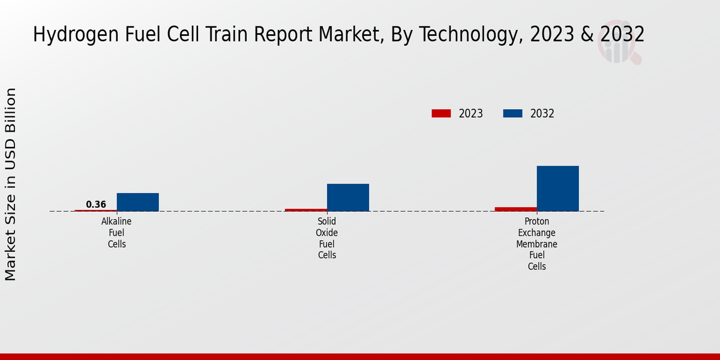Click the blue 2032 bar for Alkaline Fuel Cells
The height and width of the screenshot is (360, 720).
tap(137, 202)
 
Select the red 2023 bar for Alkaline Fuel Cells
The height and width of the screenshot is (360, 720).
tap(96, 211)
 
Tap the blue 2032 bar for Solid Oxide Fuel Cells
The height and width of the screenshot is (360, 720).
tap(347, 197)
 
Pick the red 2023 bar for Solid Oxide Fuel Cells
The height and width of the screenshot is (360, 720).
tap(306, 210)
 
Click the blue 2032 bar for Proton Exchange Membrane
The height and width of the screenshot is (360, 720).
tap(557, 188)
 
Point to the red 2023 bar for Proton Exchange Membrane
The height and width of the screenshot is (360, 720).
tap(516, 209)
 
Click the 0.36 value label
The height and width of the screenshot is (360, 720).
tap(96, 205)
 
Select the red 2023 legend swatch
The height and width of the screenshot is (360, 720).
tap(441, 113)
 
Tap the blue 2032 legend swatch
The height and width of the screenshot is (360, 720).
tap(512, 113)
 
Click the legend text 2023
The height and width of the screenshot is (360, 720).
tap(471, 113)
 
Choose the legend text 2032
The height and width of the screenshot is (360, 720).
tap(542, 113)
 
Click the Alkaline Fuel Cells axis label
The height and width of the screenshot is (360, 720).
tap(116, 233)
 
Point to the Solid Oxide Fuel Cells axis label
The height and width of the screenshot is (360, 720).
tap(327, 238)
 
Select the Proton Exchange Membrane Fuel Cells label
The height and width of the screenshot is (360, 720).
tap(537, 244)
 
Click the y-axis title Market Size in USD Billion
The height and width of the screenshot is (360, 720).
tap(11, 184)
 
